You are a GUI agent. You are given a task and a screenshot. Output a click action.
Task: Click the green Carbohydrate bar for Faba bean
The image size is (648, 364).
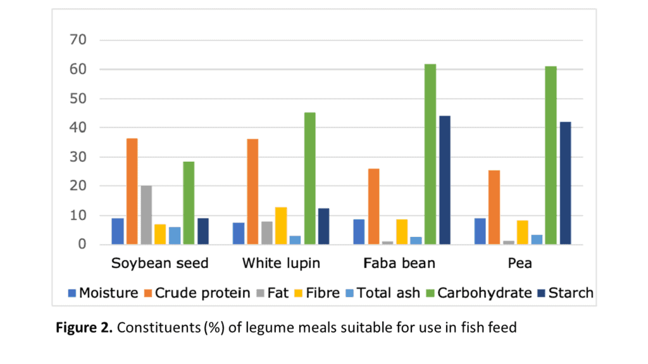point(430,154)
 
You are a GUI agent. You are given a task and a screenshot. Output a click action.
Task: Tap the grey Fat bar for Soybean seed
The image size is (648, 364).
point(146,215)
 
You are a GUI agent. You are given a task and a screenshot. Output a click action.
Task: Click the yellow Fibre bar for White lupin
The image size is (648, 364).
point(281,226)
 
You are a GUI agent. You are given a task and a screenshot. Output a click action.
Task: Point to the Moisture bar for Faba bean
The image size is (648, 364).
point(359,231)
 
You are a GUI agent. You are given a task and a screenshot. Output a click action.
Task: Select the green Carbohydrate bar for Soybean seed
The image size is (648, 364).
point(189,203)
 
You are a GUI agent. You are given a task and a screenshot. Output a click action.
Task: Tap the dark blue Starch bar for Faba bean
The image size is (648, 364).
point(444,180)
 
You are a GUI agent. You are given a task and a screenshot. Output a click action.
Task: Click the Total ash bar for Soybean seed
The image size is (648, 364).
point(175,236)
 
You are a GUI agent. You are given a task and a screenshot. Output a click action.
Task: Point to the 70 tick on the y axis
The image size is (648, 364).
point(78,40)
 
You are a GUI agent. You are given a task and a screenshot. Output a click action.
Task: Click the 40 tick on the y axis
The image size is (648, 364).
point(78,128)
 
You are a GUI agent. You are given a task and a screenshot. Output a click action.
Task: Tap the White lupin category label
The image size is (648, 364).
point(281,263)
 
